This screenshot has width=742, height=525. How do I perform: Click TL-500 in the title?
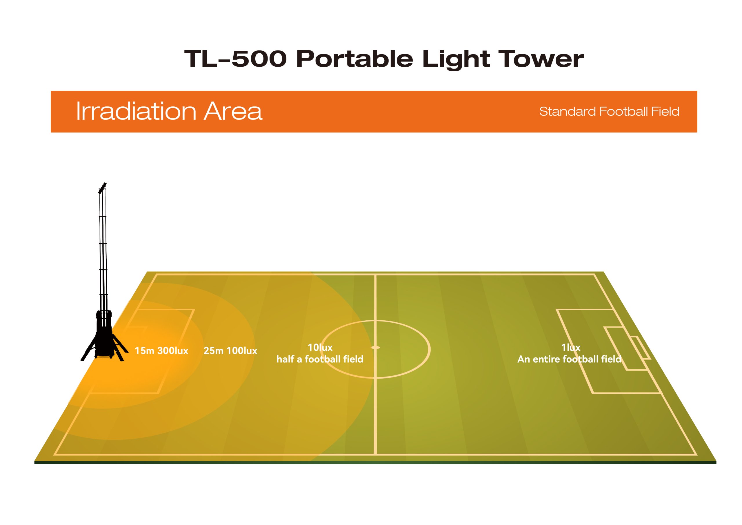point(235,59)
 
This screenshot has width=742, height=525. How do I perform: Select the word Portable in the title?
point(354,59)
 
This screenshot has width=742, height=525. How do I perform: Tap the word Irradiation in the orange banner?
point(136,111)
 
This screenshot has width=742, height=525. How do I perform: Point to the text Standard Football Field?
point(609,112)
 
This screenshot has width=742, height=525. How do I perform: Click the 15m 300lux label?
point(161,351)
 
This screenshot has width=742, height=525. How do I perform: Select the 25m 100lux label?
point(230,351)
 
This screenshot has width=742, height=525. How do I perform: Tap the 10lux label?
point(320,348)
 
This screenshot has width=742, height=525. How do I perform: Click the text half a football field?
point(320,359)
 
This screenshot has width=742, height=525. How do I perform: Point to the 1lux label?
point(571,348)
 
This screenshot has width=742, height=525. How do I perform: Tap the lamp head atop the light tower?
point(102,188)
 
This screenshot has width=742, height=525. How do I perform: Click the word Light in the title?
point(456,59)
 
